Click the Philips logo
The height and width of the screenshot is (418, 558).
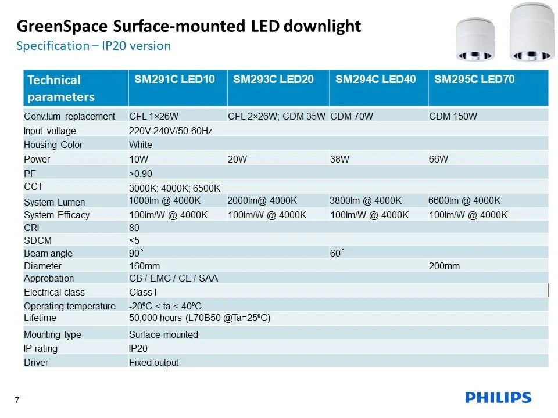(498, 398)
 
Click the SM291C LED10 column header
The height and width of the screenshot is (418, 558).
(174, 80)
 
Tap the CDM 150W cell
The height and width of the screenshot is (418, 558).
(453, 116)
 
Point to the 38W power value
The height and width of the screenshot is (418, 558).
(339, 159)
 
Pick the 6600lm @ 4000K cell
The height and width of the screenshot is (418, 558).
(464, 201)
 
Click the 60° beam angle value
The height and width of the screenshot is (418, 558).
(338, 253)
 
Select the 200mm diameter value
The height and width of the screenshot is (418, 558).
(444, 266)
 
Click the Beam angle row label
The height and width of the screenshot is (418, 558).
(48, 253)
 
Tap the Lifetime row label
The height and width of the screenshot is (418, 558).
(40, 318)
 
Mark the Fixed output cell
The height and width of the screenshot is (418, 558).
(153, 362)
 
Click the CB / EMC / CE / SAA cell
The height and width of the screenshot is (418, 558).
(173, 278)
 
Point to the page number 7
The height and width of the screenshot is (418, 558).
(17, 400)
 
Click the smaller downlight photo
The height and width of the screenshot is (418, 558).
(475, 39)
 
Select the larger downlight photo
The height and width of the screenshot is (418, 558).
(530, 33)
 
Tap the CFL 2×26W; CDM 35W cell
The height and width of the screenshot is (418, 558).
(277, 116)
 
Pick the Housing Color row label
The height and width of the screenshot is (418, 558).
(53, 145)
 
